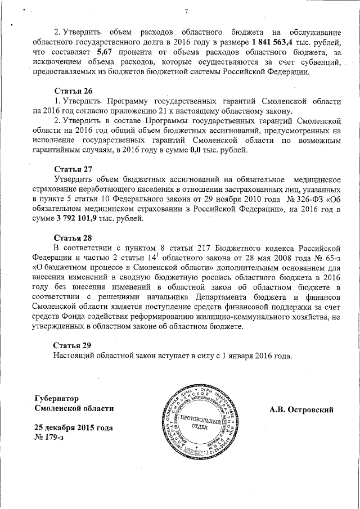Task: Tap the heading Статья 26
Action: coord(73,91)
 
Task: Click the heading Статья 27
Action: coord(73,169)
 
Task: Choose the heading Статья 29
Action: coord(73,345)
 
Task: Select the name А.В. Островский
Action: coord(301,409)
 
